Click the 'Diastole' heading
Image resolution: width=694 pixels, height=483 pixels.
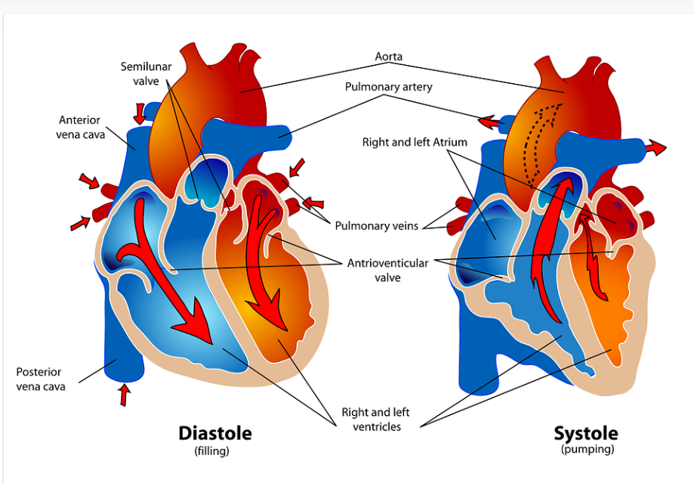[214, 433]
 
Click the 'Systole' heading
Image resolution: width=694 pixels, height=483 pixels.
[585, 433]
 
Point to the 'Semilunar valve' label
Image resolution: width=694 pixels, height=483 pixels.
[146, 73]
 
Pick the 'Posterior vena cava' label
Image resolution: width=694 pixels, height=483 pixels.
[40, 379]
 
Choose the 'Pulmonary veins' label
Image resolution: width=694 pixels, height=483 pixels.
[376, 225]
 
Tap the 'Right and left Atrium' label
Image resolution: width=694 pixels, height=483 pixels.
[415, 142]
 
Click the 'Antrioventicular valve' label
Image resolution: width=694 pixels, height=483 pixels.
[387, 270]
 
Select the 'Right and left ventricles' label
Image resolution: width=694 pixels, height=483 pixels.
[375, 420]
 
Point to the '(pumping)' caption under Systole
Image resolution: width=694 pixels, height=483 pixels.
[587, 450]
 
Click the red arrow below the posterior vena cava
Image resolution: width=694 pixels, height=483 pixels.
[125, 395]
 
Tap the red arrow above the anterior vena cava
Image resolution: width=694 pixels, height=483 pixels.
[140, 113]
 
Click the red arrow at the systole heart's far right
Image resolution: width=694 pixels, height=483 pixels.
[656, 148]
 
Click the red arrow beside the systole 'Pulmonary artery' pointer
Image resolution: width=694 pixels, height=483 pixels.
[489, 120]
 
